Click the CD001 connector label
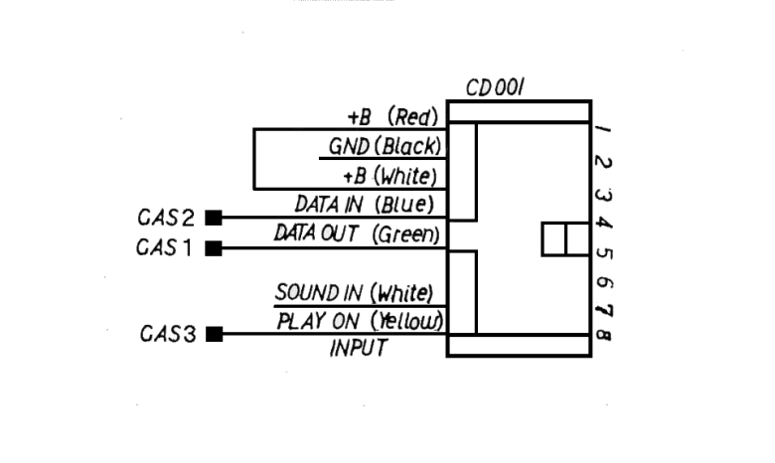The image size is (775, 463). tap(495, 88)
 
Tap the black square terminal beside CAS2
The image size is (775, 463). tap(214, 218)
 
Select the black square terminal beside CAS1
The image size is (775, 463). tap(214, 248)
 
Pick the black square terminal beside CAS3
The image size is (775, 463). tap(214, 334)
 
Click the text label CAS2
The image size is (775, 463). tap(166, 218)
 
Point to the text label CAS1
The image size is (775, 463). tap(164, 247)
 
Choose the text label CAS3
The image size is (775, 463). tap(168, 334)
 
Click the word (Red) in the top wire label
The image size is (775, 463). tap(413, 116)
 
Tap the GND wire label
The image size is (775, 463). tap(349, 147)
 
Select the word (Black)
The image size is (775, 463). tap(407, 146)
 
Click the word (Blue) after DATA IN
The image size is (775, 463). tap(404, 204)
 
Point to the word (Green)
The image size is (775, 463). tap(405, 233)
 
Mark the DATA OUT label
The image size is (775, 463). tap(316, 233)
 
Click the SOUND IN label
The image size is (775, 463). tap(319, 292)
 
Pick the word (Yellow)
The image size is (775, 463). tap(407, 321)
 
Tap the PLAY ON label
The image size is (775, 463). tap(318, 322)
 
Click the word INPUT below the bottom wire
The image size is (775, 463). tap(359, 349)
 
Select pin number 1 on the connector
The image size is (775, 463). tap(603, 129)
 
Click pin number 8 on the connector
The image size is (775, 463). tap(603, 336)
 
